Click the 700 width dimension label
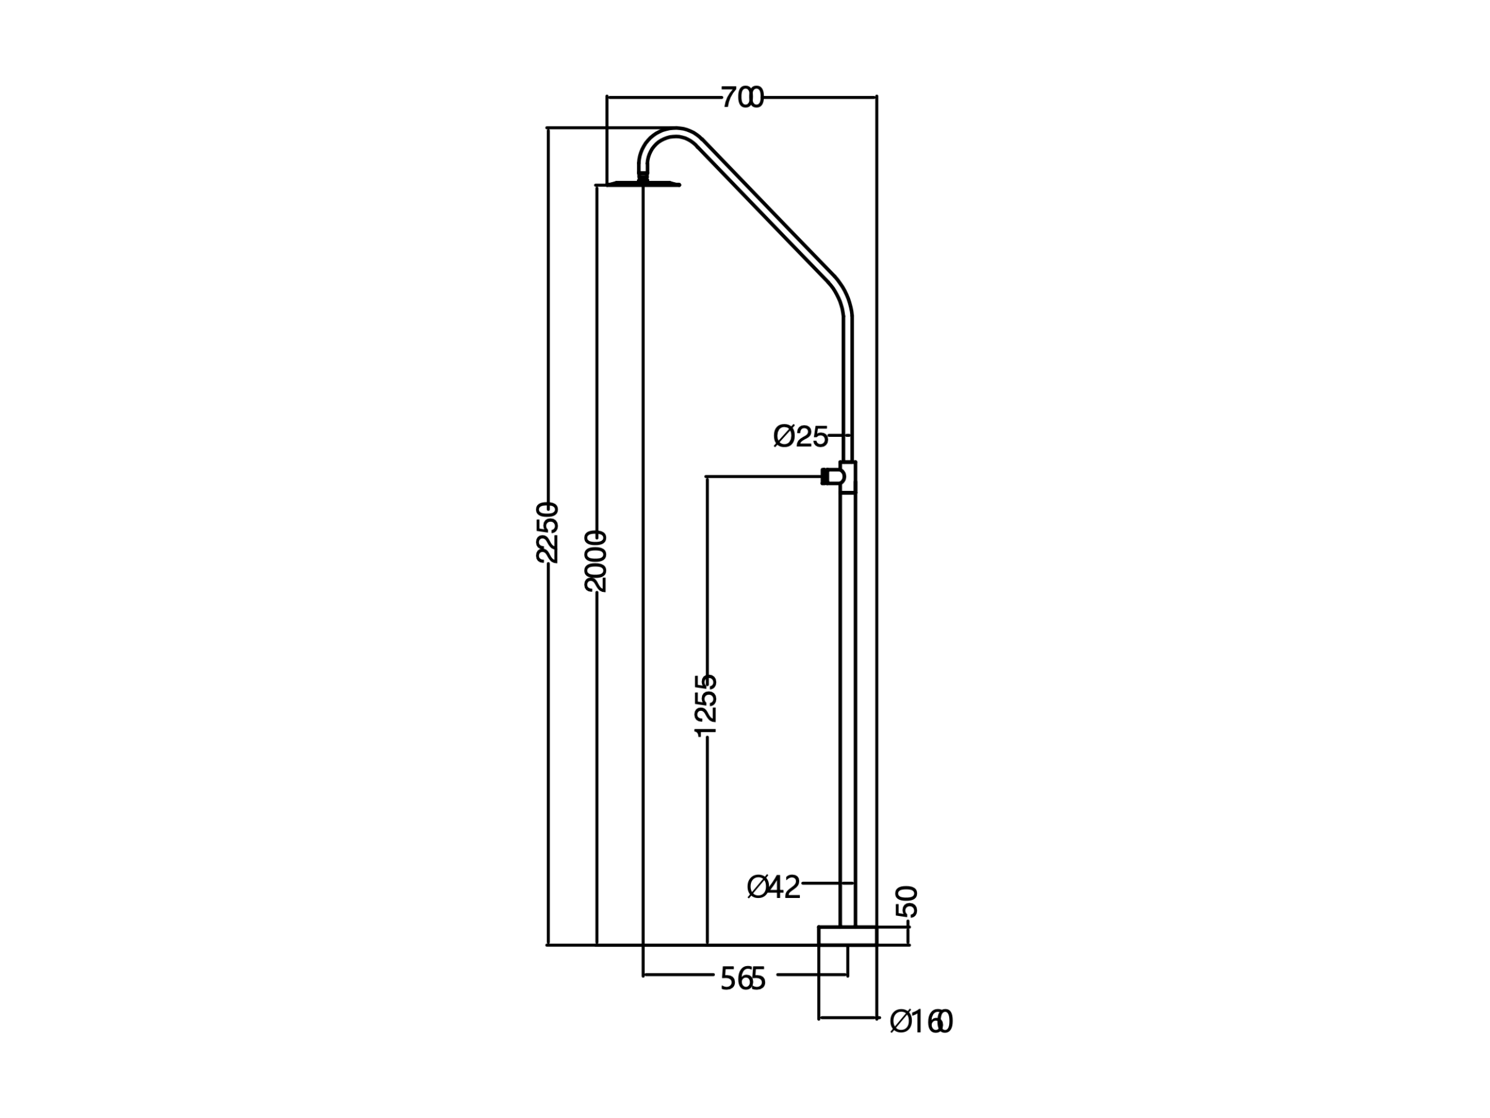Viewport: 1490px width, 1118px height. point(742,98)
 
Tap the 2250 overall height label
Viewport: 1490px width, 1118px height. point(548,532)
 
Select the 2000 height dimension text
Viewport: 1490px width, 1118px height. point(596,561)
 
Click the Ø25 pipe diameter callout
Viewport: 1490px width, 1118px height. point(800,437)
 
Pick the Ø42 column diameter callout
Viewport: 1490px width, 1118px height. point(774,887)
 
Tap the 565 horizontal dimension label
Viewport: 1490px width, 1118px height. point(743,979)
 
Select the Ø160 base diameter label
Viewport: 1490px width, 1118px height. point(921,1023)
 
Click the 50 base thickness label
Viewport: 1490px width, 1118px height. point(908,902)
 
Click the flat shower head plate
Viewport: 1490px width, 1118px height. point(638,184)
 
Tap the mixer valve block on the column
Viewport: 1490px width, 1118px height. point(848,477)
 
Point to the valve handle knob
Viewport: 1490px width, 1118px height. point(833,477)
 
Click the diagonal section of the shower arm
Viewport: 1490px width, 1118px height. point(768,209)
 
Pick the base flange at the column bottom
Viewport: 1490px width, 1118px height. point(848,936)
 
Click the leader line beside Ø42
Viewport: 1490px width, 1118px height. point(828,883)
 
